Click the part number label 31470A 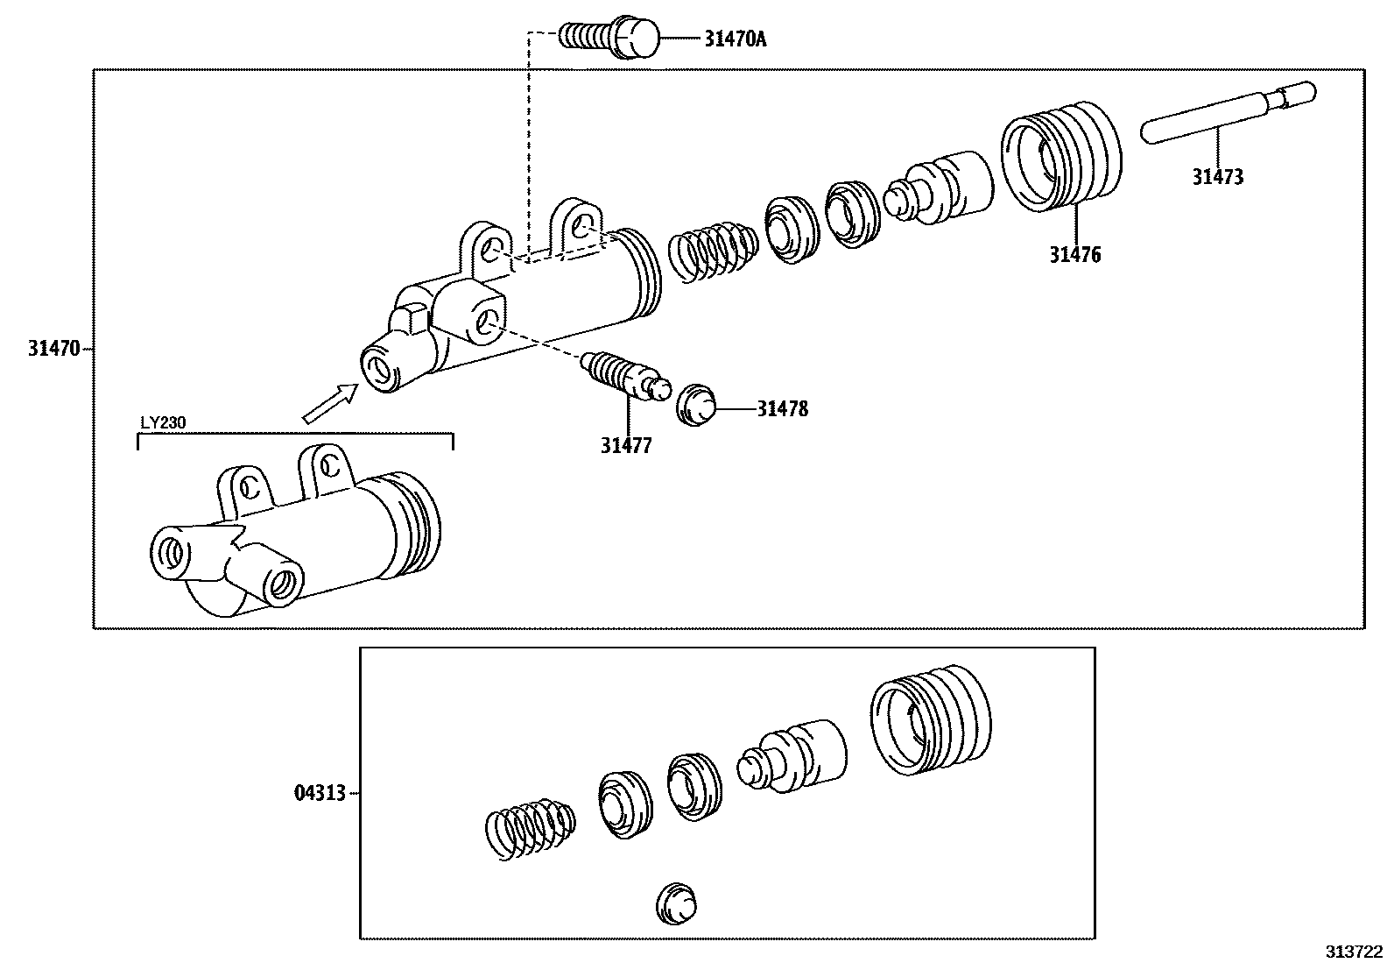[x=735, y=39]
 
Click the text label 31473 [x=1217, y=177]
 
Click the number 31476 [x=1075, y=255]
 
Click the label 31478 [x=783, y=409]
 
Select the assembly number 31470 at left [x=54, y=349]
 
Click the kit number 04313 [x=319, y=794]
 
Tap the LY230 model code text [x=163, y=422]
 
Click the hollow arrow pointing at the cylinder [x=329, y=404]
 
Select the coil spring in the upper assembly [x=711, y=251]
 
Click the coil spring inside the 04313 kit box [x=531, y=828]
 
